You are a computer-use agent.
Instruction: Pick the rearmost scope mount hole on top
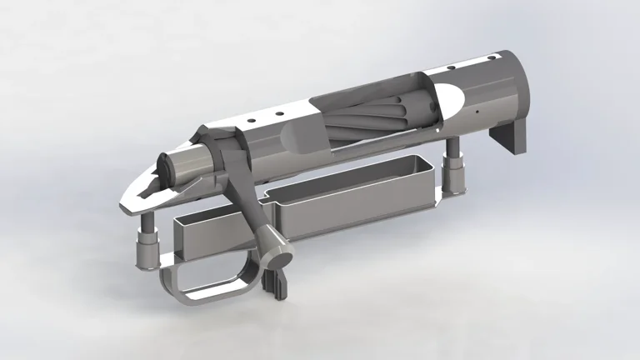point(248,122)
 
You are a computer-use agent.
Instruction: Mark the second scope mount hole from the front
point(450,68)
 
